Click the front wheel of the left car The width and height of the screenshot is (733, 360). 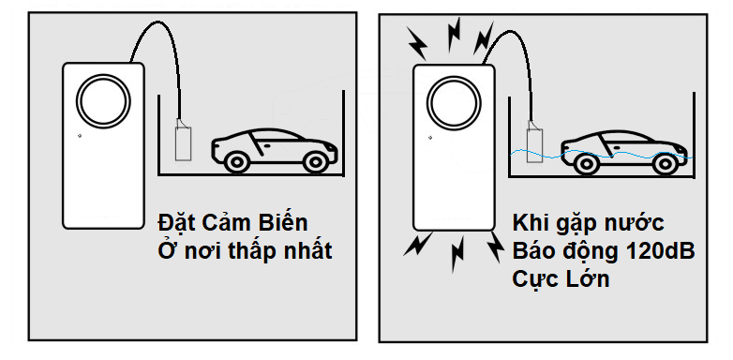click(x=236, y=162)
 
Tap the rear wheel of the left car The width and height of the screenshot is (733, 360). click(x=316, y=162)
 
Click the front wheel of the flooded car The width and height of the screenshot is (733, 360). click(x=586, y=164)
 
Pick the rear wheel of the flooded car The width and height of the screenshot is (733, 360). click(x=665, y=164)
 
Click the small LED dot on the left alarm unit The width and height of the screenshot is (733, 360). click(x=80, y=136)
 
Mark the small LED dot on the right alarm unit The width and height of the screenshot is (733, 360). click(x=430, y=138)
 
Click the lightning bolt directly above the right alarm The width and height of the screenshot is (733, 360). click(x=454, y=35)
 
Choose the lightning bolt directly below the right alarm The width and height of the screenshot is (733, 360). click(x=457, y=254)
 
